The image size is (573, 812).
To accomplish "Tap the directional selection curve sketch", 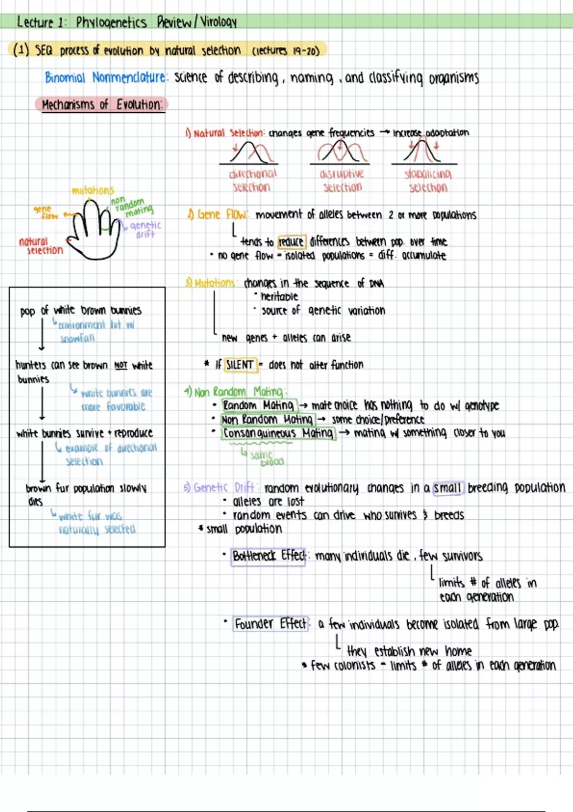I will click(250, 153).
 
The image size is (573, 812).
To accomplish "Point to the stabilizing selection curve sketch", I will click(423, 152).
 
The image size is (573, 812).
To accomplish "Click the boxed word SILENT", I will click(240, 365).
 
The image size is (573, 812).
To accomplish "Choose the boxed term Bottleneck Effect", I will click(268, 556).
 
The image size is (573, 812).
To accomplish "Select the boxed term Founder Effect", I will click(271, 624).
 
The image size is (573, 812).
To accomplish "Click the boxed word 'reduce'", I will click(291, 242).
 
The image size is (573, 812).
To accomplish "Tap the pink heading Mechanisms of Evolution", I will click(101, 105).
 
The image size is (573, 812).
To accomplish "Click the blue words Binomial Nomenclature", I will click(106, 77).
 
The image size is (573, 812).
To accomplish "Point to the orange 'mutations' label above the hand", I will click(93, 190).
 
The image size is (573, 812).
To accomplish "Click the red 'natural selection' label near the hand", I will click(41, 246).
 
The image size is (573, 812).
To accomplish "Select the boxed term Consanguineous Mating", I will click(278, 433).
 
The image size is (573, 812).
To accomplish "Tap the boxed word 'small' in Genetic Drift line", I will click(447, 488).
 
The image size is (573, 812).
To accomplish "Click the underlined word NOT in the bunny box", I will click(121, 365).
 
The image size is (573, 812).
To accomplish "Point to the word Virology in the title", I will click(218, 22).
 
